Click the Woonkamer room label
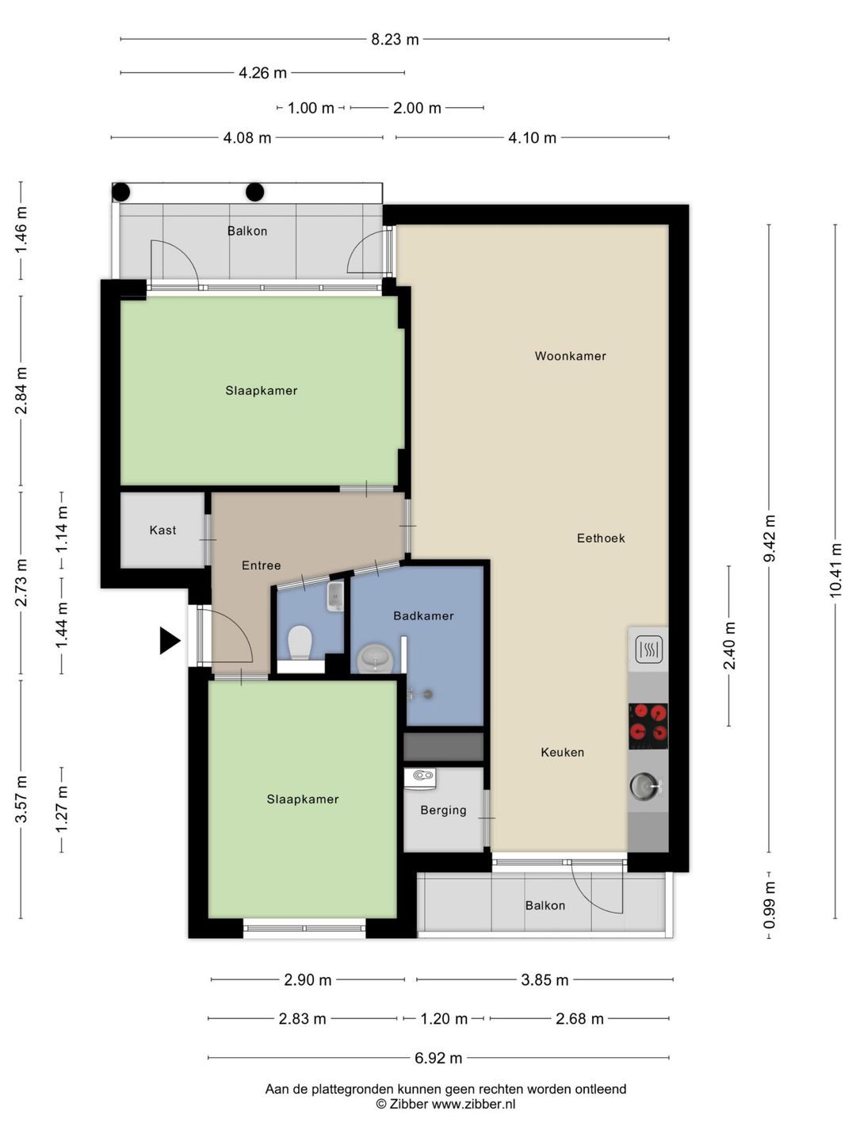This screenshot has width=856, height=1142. [x=570, y=356]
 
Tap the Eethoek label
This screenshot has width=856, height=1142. [x=601, y=538]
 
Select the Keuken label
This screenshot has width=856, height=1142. [x=562, y=753]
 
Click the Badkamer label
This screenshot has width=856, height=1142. [x=423, y=616]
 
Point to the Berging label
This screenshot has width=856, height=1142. [x=443, y=811]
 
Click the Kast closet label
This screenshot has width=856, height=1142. [x=162, y=531]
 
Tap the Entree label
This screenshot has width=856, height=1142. [x=261, y=565]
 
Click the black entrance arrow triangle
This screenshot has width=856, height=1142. [x=168, y=640]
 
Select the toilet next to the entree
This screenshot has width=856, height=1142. [x=300, y=642]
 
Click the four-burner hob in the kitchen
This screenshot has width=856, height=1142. [x=648, y=726]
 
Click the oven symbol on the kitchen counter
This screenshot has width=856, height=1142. [x=648, y=651]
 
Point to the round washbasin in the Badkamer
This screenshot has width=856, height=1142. [x=376, y=658]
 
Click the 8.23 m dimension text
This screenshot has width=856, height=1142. [x=395, y=40]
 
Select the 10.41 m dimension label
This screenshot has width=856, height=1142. [x=835, y=570]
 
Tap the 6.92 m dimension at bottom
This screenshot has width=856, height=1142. [x=438, y=1058]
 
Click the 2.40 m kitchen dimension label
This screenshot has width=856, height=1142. [x=729, y=646]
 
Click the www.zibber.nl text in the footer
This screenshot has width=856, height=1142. [x=473, y=1104]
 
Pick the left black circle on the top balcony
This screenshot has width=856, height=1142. [x=121, y=192]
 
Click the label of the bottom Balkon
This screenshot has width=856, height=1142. [x=545, y=906]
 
